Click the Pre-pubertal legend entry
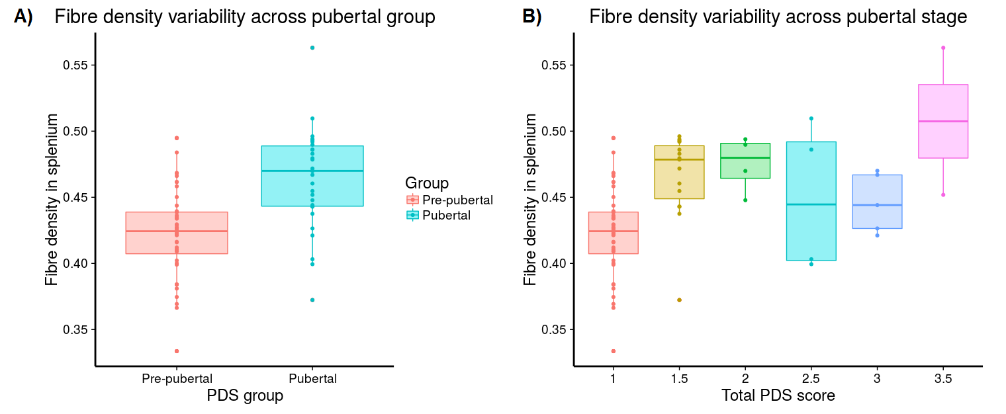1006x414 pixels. [x=457, y=200]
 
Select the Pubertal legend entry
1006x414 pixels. [x=446, y=215]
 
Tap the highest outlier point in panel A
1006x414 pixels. [x=312, y=48]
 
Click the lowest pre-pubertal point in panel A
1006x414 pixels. [x=177, y=351]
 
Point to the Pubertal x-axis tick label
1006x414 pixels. [x=312, y=379]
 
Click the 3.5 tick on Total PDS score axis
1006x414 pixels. [x=943, y=379]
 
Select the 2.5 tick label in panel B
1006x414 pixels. [x=811, y=379]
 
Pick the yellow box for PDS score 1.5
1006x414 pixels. [x=679, y=179]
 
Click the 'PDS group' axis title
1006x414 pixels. [x=245, y=396]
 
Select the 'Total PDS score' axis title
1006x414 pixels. [x=778, y=396]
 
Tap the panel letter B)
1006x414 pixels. [x=532, y=18]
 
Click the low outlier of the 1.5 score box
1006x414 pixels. [x=679, y=300]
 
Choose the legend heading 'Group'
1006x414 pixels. [x=427, y=183]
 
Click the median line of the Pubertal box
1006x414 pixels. [x=312, y=171]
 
